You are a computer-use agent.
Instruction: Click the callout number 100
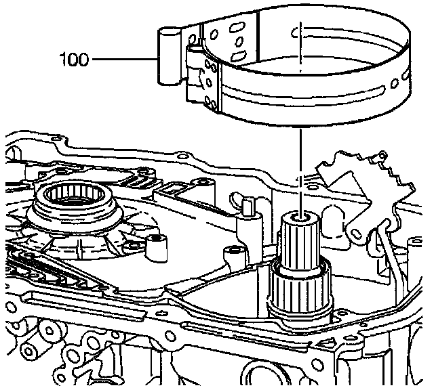click(x=74, y=60)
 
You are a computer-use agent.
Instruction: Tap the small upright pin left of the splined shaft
click(x=248, y=206)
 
